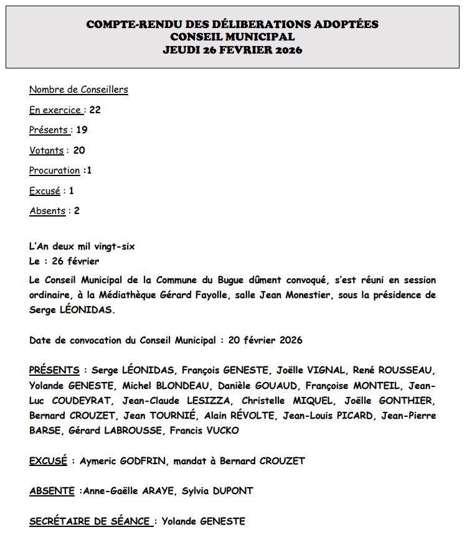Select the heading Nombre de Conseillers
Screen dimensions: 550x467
[78, 90]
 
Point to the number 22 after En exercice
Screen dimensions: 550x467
[95, 110]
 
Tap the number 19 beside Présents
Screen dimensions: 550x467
[82, 130]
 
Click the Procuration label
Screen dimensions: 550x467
[55, 170]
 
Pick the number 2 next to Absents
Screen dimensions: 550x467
[77, 211]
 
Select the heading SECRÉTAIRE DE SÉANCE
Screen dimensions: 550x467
[90, 521]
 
